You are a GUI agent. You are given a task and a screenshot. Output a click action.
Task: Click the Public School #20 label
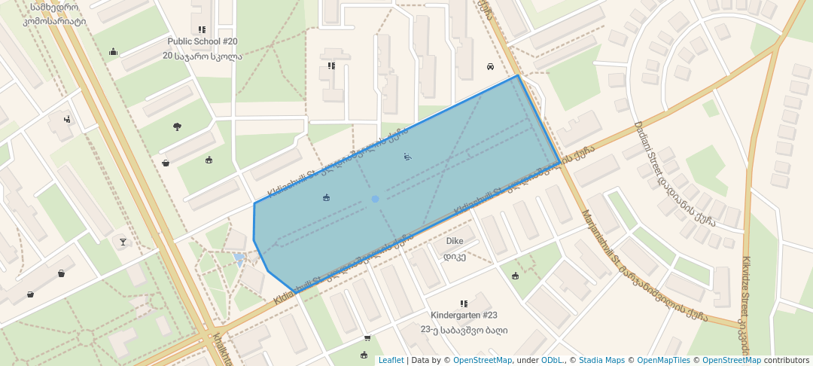(x=202, y=41)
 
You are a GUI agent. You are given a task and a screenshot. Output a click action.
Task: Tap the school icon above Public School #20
(x=202, y=29)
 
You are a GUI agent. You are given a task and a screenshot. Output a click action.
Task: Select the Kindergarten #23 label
(x=464, y=315)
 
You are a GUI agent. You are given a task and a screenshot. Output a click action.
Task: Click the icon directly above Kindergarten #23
(x=464, y=303)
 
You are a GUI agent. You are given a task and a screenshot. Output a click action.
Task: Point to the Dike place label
(x=455, y=241)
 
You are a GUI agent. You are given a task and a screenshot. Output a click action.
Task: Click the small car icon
(x=490, y=66)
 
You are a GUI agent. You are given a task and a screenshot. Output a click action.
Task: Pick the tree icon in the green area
(x=177, y=127)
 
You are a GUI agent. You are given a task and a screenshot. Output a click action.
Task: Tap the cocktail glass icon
(x=123, y=242)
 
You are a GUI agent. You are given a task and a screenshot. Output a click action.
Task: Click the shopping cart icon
(x=367, y=338)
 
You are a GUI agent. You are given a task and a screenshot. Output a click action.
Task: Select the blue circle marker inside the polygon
(x=375, y=199)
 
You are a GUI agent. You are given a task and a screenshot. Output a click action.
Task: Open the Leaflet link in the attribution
(x=391, y=360)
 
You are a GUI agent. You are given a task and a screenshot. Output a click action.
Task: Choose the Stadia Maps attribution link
(x=601, y=360)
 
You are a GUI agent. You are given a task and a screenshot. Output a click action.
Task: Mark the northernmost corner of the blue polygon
(x=518, y=75)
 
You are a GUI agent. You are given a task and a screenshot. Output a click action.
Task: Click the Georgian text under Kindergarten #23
(x=464, y=329)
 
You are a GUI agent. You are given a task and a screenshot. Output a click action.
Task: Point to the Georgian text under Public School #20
(x=202, y=56)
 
